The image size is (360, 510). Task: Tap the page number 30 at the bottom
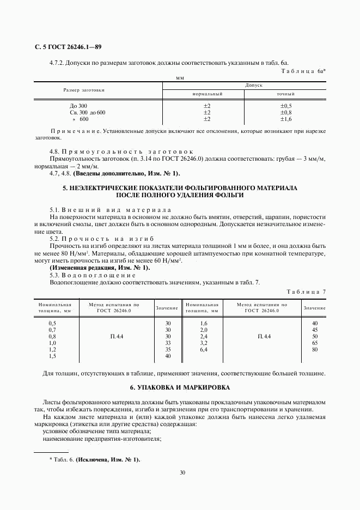[x=182, y=472]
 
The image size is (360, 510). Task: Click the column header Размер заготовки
[x=84, y=89]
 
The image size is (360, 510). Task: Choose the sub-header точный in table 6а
[x=286, y=94]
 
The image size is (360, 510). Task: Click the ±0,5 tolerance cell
[x=286, y=106]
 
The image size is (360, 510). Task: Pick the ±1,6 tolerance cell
[x=286, y=119]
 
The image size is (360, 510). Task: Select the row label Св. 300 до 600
[x=87, y=112]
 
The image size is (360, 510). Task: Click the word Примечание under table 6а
[x=75, y=131]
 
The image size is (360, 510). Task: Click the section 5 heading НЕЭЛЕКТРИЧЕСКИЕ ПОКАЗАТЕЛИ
[x=180, y=188]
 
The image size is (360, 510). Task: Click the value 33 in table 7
[x=168, y=343]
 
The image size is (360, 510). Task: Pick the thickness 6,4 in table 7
[x=204, y=349]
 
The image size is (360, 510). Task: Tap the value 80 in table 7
[x=314, y=349]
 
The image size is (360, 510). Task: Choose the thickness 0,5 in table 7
[x=52, y=323]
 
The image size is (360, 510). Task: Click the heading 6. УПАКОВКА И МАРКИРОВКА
[x=180, y=387]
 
